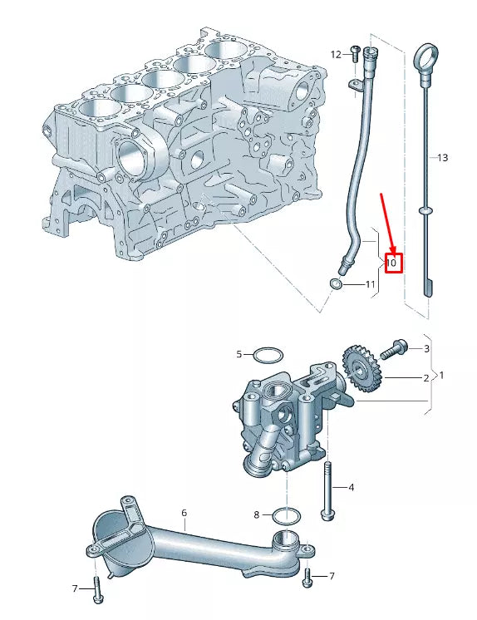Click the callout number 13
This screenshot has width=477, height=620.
pos(443,157)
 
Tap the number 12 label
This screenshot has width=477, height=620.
pos(336,54)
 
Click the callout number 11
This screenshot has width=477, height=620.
pos(370,284)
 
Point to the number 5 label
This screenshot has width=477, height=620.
pos(238,354)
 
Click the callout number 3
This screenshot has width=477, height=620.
pos(426,348)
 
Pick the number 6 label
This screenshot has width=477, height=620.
pos(184,513)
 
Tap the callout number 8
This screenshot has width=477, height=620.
pos(256,514)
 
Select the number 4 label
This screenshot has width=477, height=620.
pos(351,488)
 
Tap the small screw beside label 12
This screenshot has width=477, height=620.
pos(355,53)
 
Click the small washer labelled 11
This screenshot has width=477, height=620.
pos(336,284)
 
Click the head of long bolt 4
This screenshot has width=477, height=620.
pos(328,515)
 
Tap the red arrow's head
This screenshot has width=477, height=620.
pos(393,249)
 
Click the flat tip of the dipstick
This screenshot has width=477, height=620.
pos(428,288)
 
